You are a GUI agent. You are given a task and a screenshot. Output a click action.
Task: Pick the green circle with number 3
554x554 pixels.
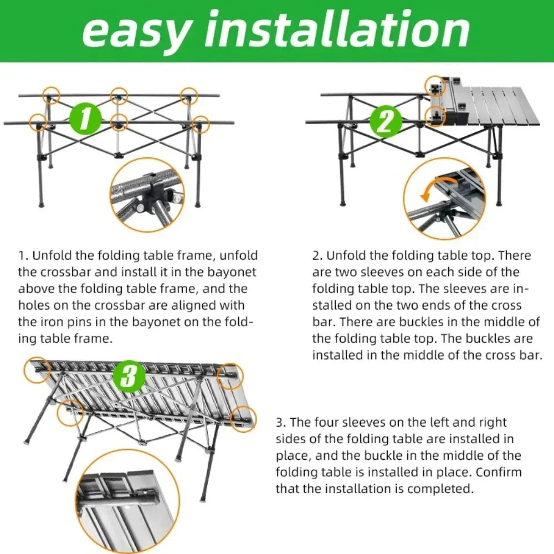[129, 377]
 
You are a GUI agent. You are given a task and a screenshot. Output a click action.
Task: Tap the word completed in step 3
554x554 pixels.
[440, 489]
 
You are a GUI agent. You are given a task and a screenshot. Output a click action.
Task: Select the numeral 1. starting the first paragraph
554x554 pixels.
[23, 255]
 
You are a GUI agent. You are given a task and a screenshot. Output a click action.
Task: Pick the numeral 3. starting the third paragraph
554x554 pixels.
[281, 422]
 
